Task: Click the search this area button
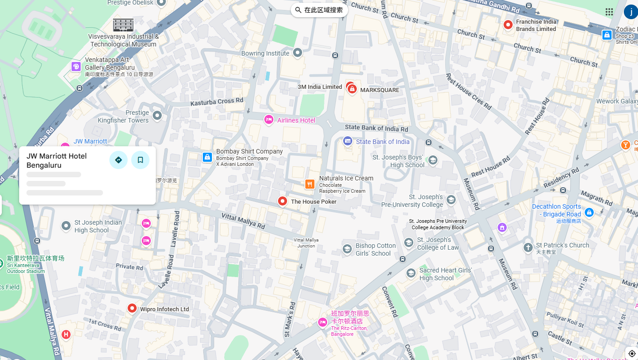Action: click(319, 10)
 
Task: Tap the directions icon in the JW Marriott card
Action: click(118, 160)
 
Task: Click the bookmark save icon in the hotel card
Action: click(140, 160)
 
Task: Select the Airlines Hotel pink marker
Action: click(269, 120)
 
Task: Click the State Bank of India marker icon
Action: click(348, 141)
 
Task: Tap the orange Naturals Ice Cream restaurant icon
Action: click(310, 184)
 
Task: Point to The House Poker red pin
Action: click(283, 201)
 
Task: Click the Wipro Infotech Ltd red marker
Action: click(132, 309)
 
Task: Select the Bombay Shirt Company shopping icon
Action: click(207, 157)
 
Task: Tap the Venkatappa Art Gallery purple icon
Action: click(76, 67)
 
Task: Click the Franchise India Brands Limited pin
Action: click(508, 25)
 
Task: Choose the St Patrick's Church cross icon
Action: click(528, 248)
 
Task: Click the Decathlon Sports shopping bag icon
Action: click(589, 212)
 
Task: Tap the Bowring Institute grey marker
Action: click(298, 53)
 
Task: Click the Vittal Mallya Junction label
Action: click(306, 243)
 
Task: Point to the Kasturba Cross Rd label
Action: click(217, 102)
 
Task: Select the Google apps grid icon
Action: click(609, 12)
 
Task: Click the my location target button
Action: click(632, 354)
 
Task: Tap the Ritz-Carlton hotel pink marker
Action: click(323, 323)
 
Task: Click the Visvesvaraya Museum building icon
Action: click(123, 25)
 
